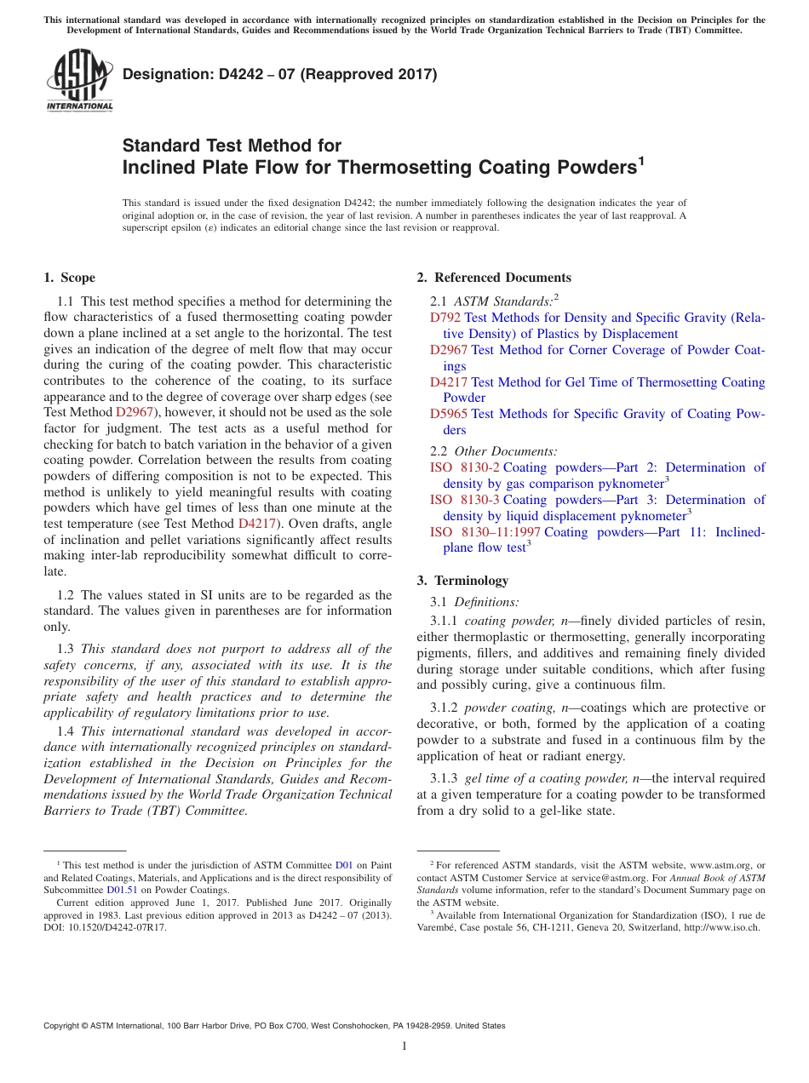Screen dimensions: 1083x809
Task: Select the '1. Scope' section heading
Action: click(69, 278)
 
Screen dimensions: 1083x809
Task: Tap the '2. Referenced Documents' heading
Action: click(494, 278)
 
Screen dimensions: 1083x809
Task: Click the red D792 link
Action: click(445, 318)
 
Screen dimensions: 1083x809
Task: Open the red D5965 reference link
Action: click(448, 414)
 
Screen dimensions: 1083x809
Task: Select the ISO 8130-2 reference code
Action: click(465, 467)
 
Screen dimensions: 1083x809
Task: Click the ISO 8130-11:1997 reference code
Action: click(485, 532)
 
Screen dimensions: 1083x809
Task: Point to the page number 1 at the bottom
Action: click(404, 1046)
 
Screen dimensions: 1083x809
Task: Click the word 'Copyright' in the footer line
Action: click(65, 1026)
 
